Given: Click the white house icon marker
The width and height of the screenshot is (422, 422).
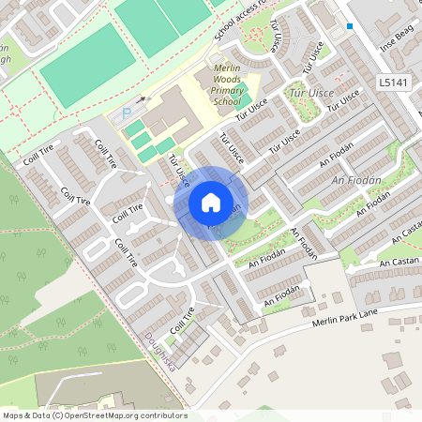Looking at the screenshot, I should click(x=211, y=203).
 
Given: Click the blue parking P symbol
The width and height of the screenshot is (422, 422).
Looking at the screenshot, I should click(x=127, y=113).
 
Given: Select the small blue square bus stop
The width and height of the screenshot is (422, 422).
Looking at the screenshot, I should click(x=350, y=26).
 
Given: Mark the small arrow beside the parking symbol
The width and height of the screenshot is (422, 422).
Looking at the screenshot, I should click(x=142, y=98).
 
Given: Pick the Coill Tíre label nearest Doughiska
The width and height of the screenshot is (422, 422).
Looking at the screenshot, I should click(x=182, y=325).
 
